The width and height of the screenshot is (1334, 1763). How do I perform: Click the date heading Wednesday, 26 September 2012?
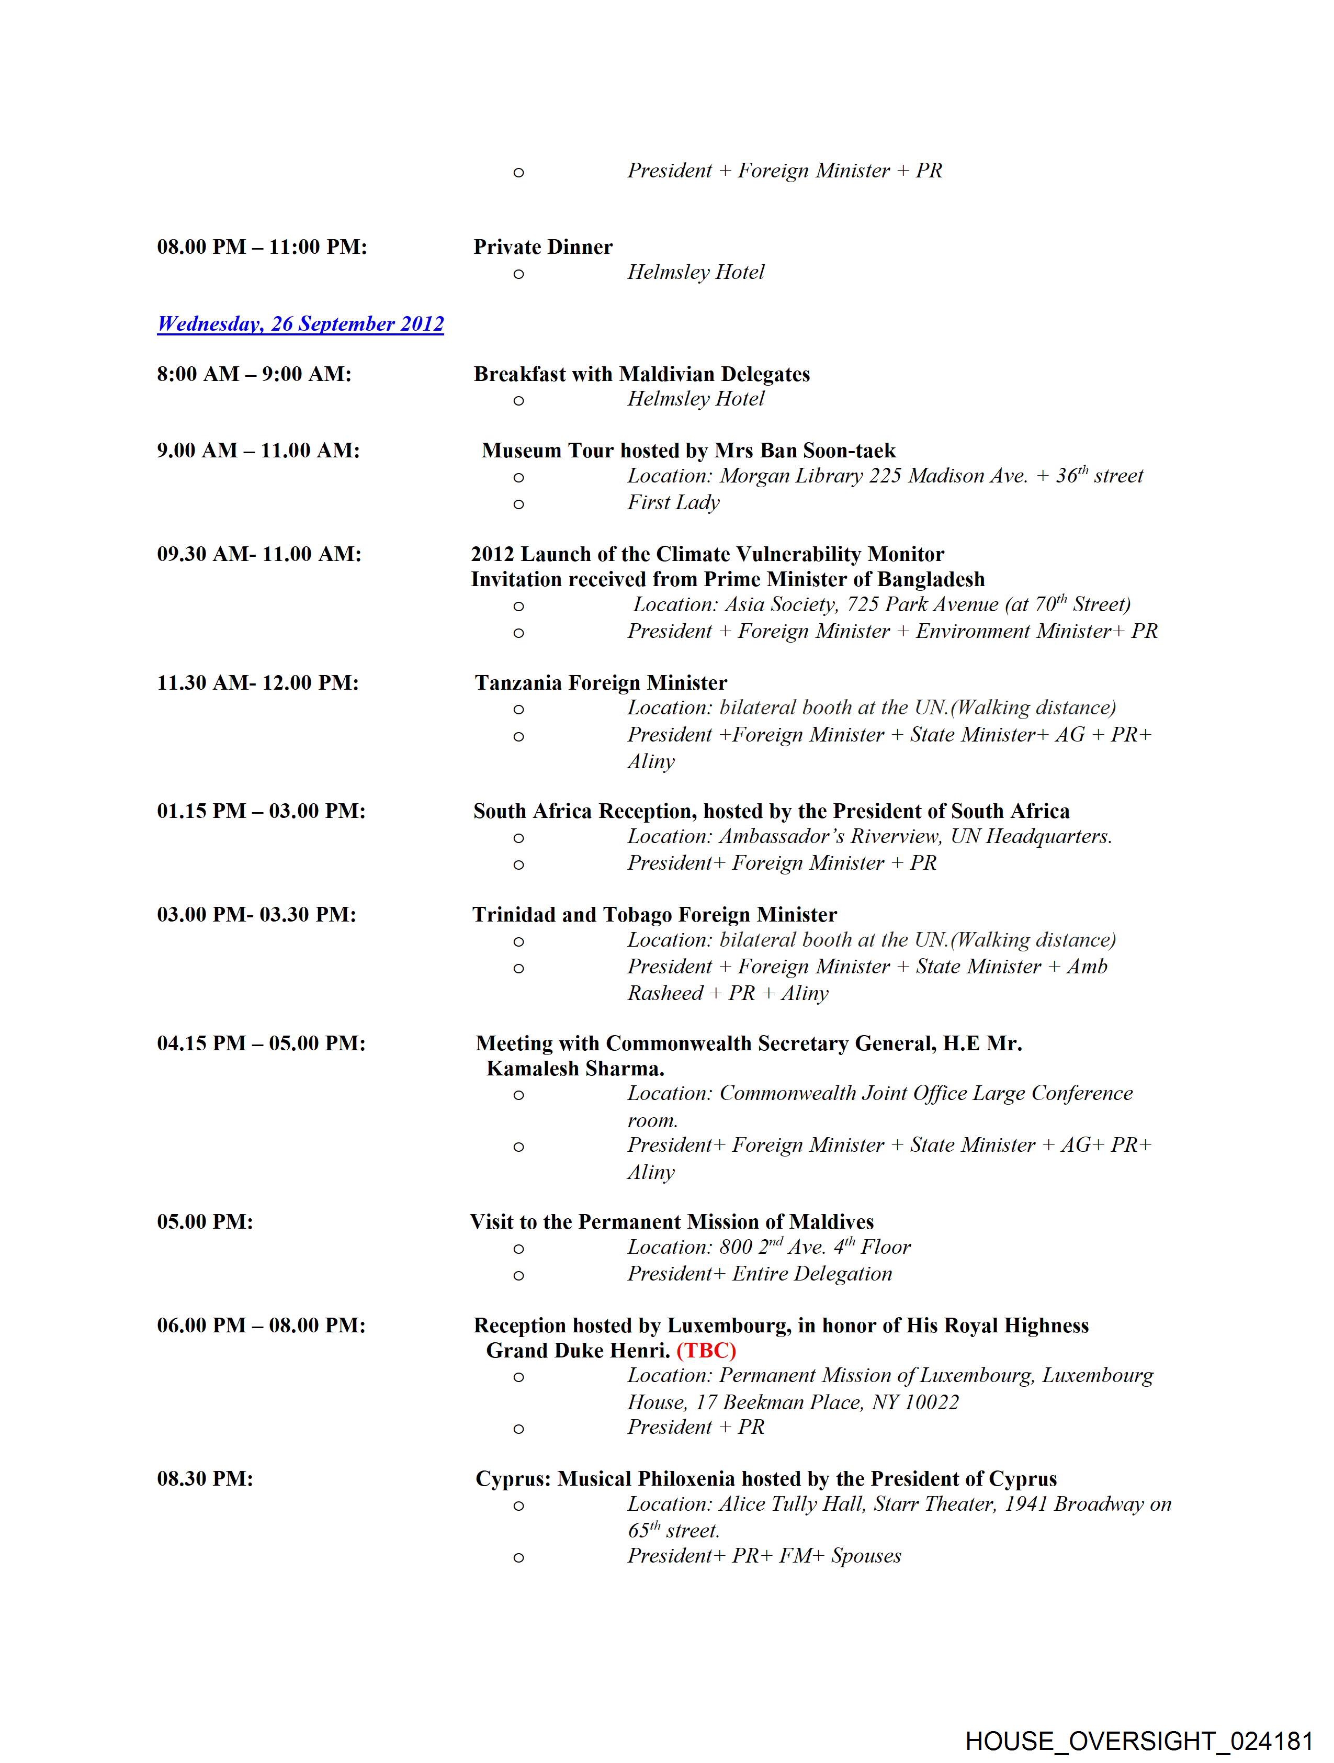(x=300, y=323)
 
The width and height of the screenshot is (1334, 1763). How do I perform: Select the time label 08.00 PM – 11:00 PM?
(x=262, y=247)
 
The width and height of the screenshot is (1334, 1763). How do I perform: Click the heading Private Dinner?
(x=542, y=247)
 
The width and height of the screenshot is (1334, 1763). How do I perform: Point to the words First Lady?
(x=673, y=502)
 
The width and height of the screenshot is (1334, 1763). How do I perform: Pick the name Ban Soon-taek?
(x=805, y=451)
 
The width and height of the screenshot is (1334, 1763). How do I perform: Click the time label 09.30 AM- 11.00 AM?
(x=258, y=554)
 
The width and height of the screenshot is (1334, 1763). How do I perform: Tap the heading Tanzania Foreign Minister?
(x=601, y=683)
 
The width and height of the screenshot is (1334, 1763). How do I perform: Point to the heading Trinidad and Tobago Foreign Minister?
(x=654, y=915)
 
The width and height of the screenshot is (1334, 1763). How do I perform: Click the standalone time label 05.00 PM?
(x=205, y=1222)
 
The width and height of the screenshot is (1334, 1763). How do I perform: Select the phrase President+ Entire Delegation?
(x=760, y=1274)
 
